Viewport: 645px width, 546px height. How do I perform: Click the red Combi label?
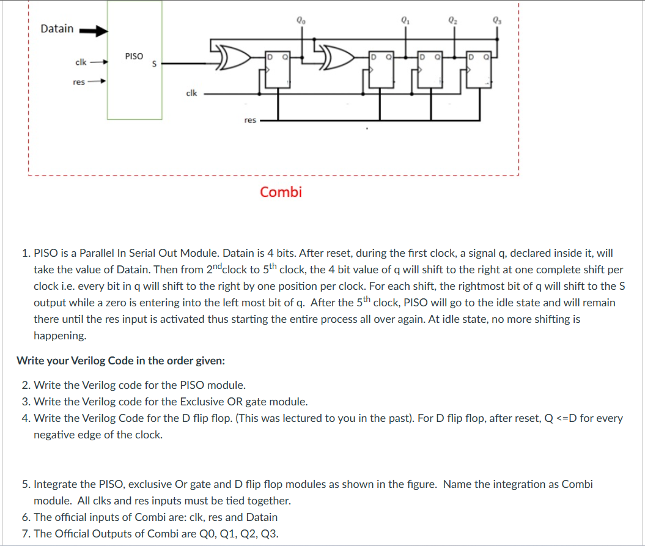281,192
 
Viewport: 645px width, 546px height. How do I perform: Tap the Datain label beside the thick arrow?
57,29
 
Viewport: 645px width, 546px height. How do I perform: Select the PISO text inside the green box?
134,56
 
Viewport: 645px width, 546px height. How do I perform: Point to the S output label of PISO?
155,62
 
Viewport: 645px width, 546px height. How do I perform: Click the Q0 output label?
300,18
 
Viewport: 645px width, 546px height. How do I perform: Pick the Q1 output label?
404,18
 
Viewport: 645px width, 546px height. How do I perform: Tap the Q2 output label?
452,18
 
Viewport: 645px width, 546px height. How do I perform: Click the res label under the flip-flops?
249,120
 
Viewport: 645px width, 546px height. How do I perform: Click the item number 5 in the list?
25,484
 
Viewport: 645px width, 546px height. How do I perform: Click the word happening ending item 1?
60,336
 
